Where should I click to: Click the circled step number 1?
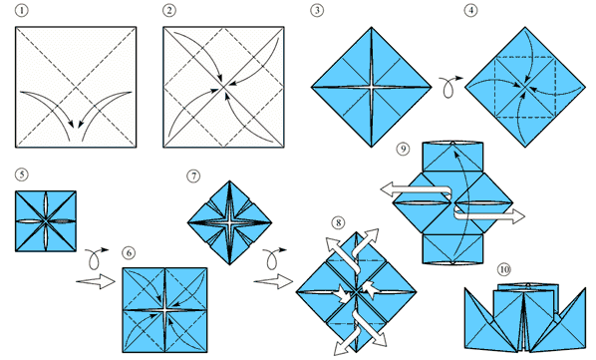pyautogui.click(x=21, y=10)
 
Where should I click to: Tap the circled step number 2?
pyautogui.click(x=169, y=10)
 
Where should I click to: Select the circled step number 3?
pyautogui.click(x=317, y=10)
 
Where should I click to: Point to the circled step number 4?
pyautogui.click(x=471, y=10)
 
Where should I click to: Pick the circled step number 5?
pyautogui.click(x=21, y=175)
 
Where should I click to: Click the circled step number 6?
pyautogui.click(x=129, y=252)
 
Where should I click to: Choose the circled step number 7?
pyautogui.click(x=193, y=176)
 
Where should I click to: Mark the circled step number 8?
pyautogui.click(x=338, y=222)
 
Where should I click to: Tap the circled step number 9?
pyautogui.click(x=403, y=149)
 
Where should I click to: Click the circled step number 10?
pyautogui.click(x=503, y=269)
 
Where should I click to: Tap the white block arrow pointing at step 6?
pyautogui.click(x=96, y=281)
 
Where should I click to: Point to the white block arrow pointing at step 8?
pyautogui.click(x=273, y=281)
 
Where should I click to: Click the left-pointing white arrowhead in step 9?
pyautogui.click(x=388, y=189)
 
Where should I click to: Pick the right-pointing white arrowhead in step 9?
pyautogui.click(x=517, y=216)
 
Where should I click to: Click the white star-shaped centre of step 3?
pyautogui.click(x=372, y=87)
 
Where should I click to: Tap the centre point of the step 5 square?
pyautogui.click(x=46, y=220)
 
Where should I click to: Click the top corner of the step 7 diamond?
pyautogui.click(x=229, y=180)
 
